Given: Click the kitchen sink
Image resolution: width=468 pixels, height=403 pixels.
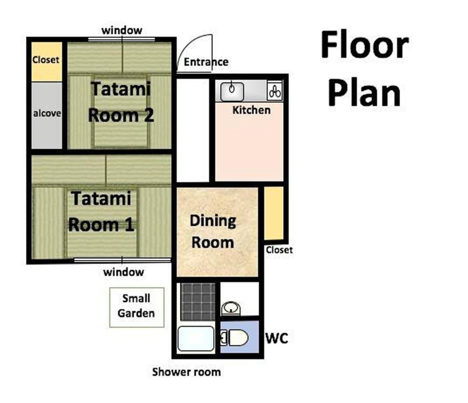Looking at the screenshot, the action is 232,92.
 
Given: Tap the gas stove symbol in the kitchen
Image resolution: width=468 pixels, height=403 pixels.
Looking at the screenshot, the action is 275,91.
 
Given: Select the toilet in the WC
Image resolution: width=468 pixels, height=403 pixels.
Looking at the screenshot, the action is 235,338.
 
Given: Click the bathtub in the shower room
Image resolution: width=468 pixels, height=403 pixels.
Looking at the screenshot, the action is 196,338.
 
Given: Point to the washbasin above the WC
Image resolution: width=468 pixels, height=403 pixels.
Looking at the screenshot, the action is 231,308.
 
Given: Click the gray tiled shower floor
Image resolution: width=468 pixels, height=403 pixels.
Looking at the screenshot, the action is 198,302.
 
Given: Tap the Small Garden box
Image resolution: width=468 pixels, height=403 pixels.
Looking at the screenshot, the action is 137,307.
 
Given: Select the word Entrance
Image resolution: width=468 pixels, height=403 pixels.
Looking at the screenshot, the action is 206,62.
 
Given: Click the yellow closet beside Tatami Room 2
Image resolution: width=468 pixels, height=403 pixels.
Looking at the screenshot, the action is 47,62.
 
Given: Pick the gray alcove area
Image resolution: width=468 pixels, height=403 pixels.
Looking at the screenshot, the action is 47,115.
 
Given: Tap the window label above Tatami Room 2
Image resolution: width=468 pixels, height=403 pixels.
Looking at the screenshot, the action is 122,31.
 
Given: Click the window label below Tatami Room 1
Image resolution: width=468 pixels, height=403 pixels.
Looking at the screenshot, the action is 123,272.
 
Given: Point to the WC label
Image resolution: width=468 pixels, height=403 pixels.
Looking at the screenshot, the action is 277,338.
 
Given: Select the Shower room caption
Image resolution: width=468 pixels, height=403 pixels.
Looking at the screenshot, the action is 186,372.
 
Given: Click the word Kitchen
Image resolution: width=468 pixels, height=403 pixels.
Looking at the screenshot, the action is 252,110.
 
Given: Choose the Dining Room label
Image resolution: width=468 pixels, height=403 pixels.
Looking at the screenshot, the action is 213,232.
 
